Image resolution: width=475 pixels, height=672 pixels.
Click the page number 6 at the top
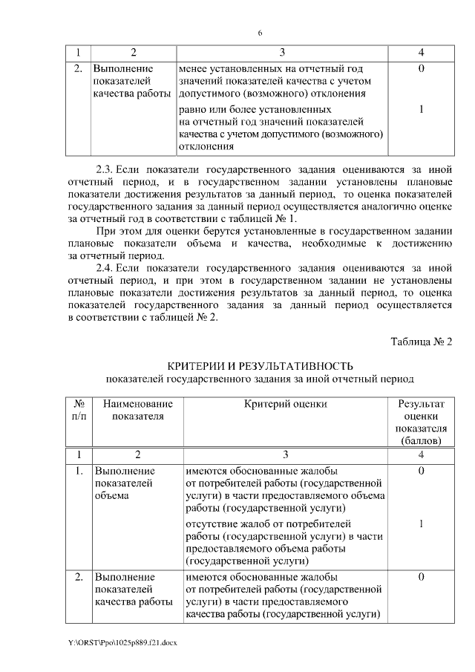coord(260,33)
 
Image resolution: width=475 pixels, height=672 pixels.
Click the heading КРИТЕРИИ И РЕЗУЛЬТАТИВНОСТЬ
coord(260,366)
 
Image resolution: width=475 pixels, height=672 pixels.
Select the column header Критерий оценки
coord(286,404)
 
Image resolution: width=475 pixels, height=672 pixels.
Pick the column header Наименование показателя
coord(138,410)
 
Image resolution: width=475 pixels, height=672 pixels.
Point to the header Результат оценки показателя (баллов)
coord(421,422)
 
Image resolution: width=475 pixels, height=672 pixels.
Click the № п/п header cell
coord(79,410)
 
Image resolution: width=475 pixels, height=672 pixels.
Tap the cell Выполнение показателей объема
coord(124,483)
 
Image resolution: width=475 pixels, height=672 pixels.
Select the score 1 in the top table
coord(421,110)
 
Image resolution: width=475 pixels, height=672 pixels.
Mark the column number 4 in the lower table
coord(421,454)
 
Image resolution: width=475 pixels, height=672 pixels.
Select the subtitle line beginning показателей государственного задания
coord(260,379)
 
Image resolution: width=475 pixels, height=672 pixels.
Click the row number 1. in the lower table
coord(79,471)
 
